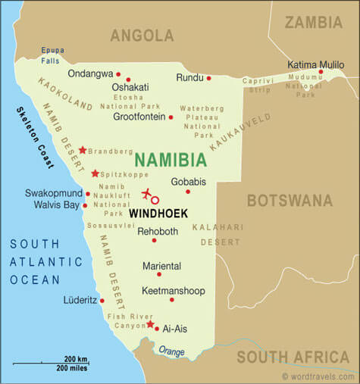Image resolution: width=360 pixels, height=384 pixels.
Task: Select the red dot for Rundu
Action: pyautogui.click(x=208, y=77)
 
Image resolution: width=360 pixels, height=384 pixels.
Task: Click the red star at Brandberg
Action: pyautogui.click(x=83, y=150)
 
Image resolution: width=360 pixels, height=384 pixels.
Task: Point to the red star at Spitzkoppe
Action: pyautogui.click(x=95, y=173)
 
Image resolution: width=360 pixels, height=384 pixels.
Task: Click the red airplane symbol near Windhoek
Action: pyautogui.click(x=147, y=195)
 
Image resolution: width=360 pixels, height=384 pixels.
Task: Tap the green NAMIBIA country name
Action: pyautogui.click(x=170, y=160)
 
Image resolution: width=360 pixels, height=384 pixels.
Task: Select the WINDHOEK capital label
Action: pyautogui.click(x=158, y=214)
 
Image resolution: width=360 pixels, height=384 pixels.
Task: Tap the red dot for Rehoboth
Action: pyautogui.click(x=154, y=240)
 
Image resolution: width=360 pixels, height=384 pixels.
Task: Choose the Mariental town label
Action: pyautogui.click(x=162, y=266)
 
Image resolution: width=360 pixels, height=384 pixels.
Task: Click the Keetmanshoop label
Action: pyautogui.click(x=173, y=290)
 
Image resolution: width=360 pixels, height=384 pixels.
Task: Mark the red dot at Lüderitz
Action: pyautogui.click(x=102, y=300)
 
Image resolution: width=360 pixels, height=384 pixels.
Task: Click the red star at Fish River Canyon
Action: pyautogui.click(x=150, y=323)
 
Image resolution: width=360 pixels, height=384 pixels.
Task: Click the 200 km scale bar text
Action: pyautogui.click(x=75, y=358)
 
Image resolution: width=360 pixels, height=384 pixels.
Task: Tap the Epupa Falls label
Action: pyautogui.click(x=52, y=55)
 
